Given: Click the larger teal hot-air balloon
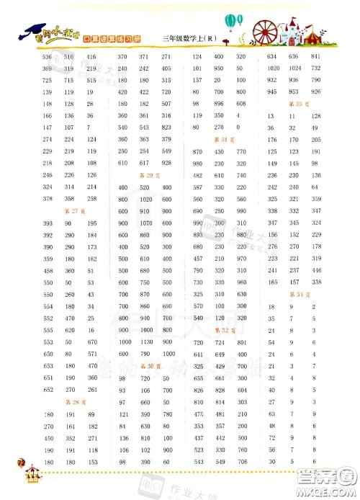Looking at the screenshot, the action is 231,22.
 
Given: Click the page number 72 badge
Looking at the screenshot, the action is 10,469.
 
